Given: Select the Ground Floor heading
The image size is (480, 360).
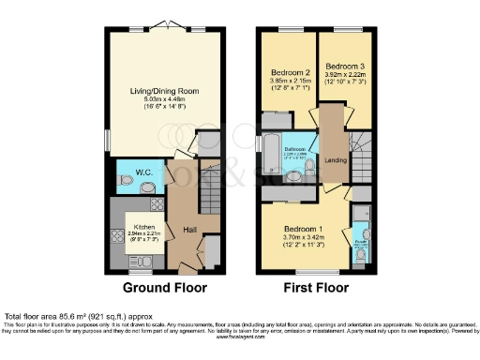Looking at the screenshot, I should click(x=165, y=288).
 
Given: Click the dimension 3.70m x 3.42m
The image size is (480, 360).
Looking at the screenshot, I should click(x=305, y=239).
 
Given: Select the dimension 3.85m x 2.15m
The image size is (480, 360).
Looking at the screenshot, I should click(x=292, y=82).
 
